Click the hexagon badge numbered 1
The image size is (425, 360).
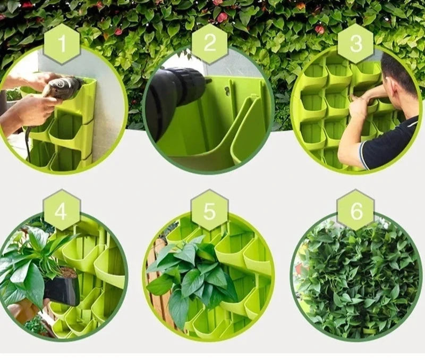point(62,44)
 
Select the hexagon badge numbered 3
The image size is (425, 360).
point(356,44)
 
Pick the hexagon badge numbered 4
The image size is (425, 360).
point(62,210)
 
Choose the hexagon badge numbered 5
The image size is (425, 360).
point(209,210)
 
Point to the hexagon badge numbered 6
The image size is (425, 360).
point(355,210)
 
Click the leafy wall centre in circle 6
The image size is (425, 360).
point(355,279)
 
